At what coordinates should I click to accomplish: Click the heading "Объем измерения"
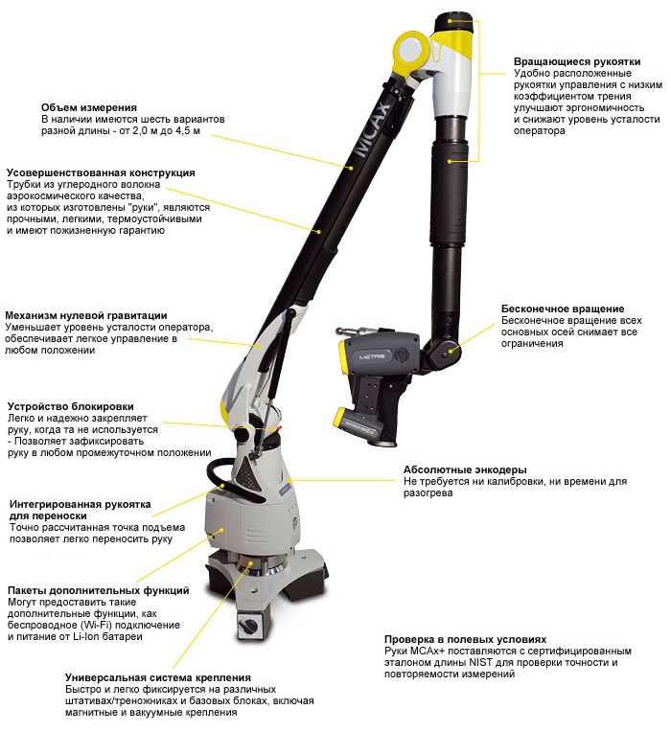coord(89,108)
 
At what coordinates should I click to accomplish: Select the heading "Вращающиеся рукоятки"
coord(577,61)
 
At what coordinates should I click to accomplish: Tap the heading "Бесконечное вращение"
coord(562,309)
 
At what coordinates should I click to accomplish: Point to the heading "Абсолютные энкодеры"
coord(465,469)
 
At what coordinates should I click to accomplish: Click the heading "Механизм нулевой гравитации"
coord(85,315)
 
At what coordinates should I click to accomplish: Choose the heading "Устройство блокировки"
coord(70,406)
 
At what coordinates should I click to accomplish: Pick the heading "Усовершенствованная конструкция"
coord(101,172)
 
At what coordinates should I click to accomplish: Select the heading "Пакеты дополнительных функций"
coord(98,590)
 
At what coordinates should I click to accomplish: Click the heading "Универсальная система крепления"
coord(158,677)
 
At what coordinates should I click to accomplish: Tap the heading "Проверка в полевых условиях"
coord(465,640)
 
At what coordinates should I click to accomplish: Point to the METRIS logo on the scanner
coord(372,356)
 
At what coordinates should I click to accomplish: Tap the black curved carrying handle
coord(219,474)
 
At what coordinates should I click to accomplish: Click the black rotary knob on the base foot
coord(246,623)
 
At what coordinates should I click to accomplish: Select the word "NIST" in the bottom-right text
coord(480,662)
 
